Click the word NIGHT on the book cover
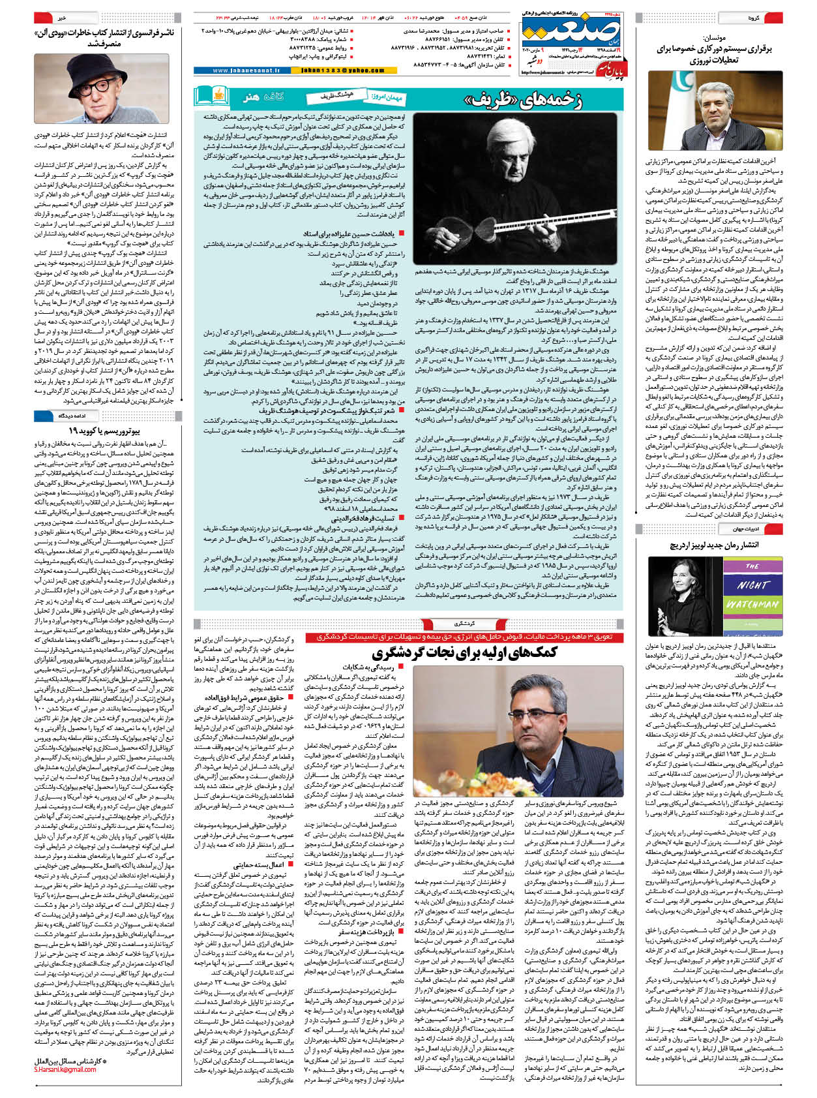tap(752, 584)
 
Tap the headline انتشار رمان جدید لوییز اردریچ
tap(714, 544)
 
